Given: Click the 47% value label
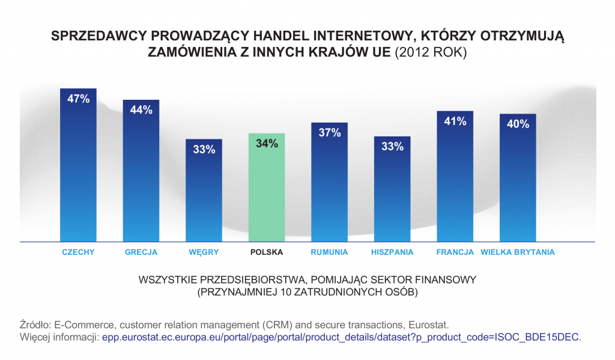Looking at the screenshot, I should tap(78, 99).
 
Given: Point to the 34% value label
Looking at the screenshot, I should tap(266, 144).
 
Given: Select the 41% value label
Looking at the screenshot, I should tap(455, 121).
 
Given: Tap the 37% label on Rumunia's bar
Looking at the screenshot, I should tap(329, 133).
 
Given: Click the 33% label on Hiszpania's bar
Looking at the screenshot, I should tap(392, 146).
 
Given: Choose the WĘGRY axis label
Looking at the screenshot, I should tap(204, 252).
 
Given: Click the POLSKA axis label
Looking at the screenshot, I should tap(266, 252).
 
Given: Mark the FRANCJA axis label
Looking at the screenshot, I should tap(455, 252).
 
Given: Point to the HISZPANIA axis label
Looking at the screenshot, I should tap(392, 252).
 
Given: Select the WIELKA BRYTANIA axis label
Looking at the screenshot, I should tap(518, 252).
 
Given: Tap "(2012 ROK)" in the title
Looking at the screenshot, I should tap(430, 52).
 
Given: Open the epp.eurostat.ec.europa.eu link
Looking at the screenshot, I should tap(340, 337).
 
